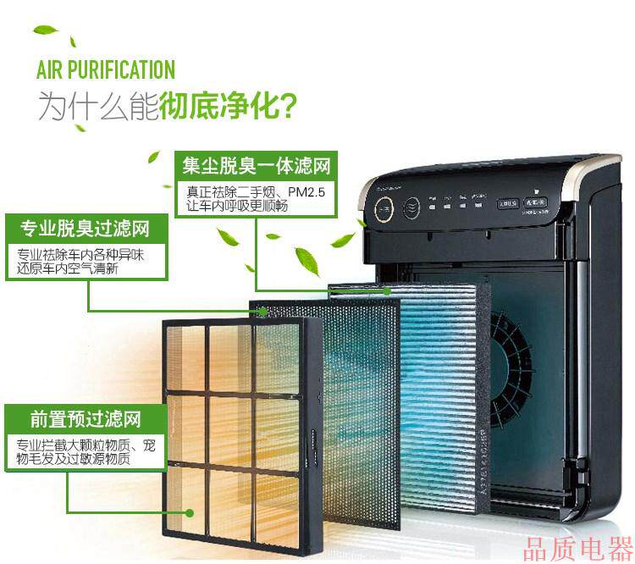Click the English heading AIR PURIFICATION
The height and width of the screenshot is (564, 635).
coord(105,69)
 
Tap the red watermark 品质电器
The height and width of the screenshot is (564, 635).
coord(577,547)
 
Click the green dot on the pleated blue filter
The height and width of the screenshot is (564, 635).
coord(387,290)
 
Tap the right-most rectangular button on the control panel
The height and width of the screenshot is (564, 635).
coord(534,203)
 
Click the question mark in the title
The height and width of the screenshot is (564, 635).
coord(289,108)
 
